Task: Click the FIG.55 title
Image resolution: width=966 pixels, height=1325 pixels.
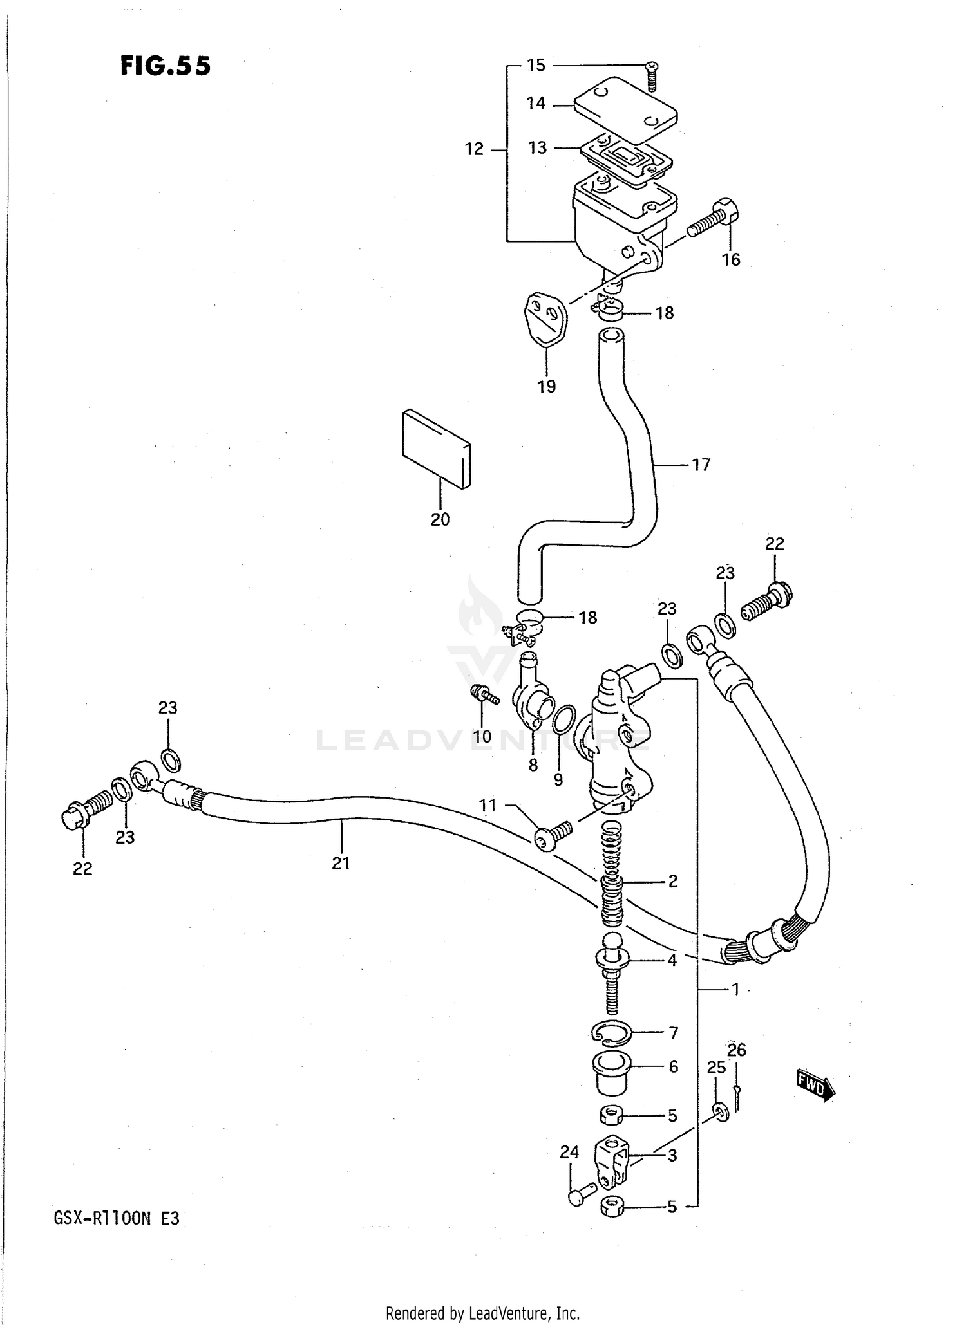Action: [166, 66]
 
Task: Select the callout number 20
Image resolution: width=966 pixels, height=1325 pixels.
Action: [440, 519]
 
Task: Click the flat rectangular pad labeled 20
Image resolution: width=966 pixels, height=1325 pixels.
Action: [436, 449]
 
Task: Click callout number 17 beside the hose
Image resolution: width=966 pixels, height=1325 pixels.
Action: [701, 464]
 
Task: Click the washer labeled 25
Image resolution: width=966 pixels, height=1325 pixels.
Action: [721, 1111]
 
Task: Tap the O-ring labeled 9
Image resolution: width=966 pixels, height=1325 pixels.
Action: [563, 719]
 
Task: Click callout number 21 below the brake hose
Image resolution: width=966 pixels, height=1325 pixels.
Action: [341, 863]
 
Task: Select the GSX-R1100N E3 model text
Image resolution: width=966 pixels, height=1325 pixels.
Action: [117, 1219]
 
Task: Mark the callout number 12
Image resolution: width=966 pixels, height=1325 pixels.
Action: [474, 149]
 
